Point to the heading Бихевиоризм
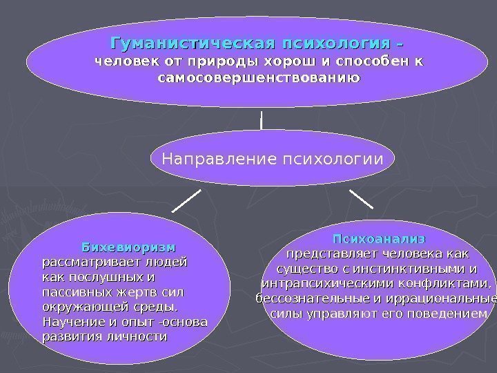tap(129, 247)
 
